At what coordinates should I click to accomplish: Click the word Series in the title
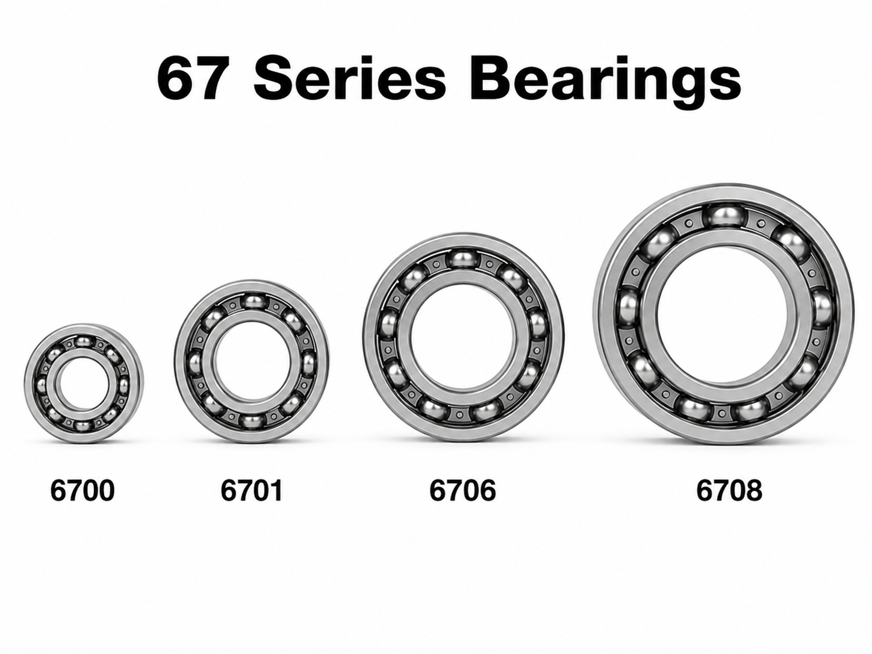coord(350,78)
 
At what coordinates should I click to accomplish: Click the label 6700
coord(83,490)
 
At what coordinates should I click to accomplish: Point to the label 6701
coord(252,490)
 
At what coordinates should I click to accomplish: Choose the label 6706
coord(463,490)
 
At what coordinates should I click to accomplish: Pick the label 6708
coord(729,490)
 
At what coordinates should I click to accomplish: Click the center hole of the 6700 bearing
coord(84,383)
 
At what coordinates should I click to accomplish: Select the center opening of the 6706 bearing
coord(463,337)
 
